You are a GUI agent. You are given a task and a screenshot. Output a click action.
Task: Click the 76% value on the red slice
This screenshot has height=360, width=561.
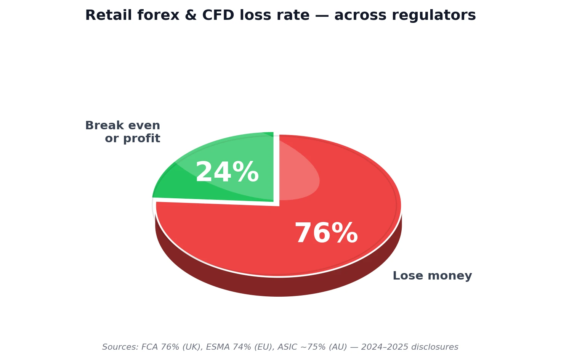coord(326,233)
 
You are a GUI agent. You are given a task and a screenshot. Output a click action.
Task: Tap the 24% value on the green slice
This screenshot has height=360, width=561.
coord(227,172)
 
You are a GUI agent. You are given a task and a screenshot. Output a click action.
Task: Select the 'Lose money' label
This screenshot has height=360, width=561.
coord(432,276)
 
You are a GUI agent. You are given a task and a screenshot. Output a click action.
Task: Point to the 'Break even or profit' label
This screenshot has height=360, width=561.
coord(123,132)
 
